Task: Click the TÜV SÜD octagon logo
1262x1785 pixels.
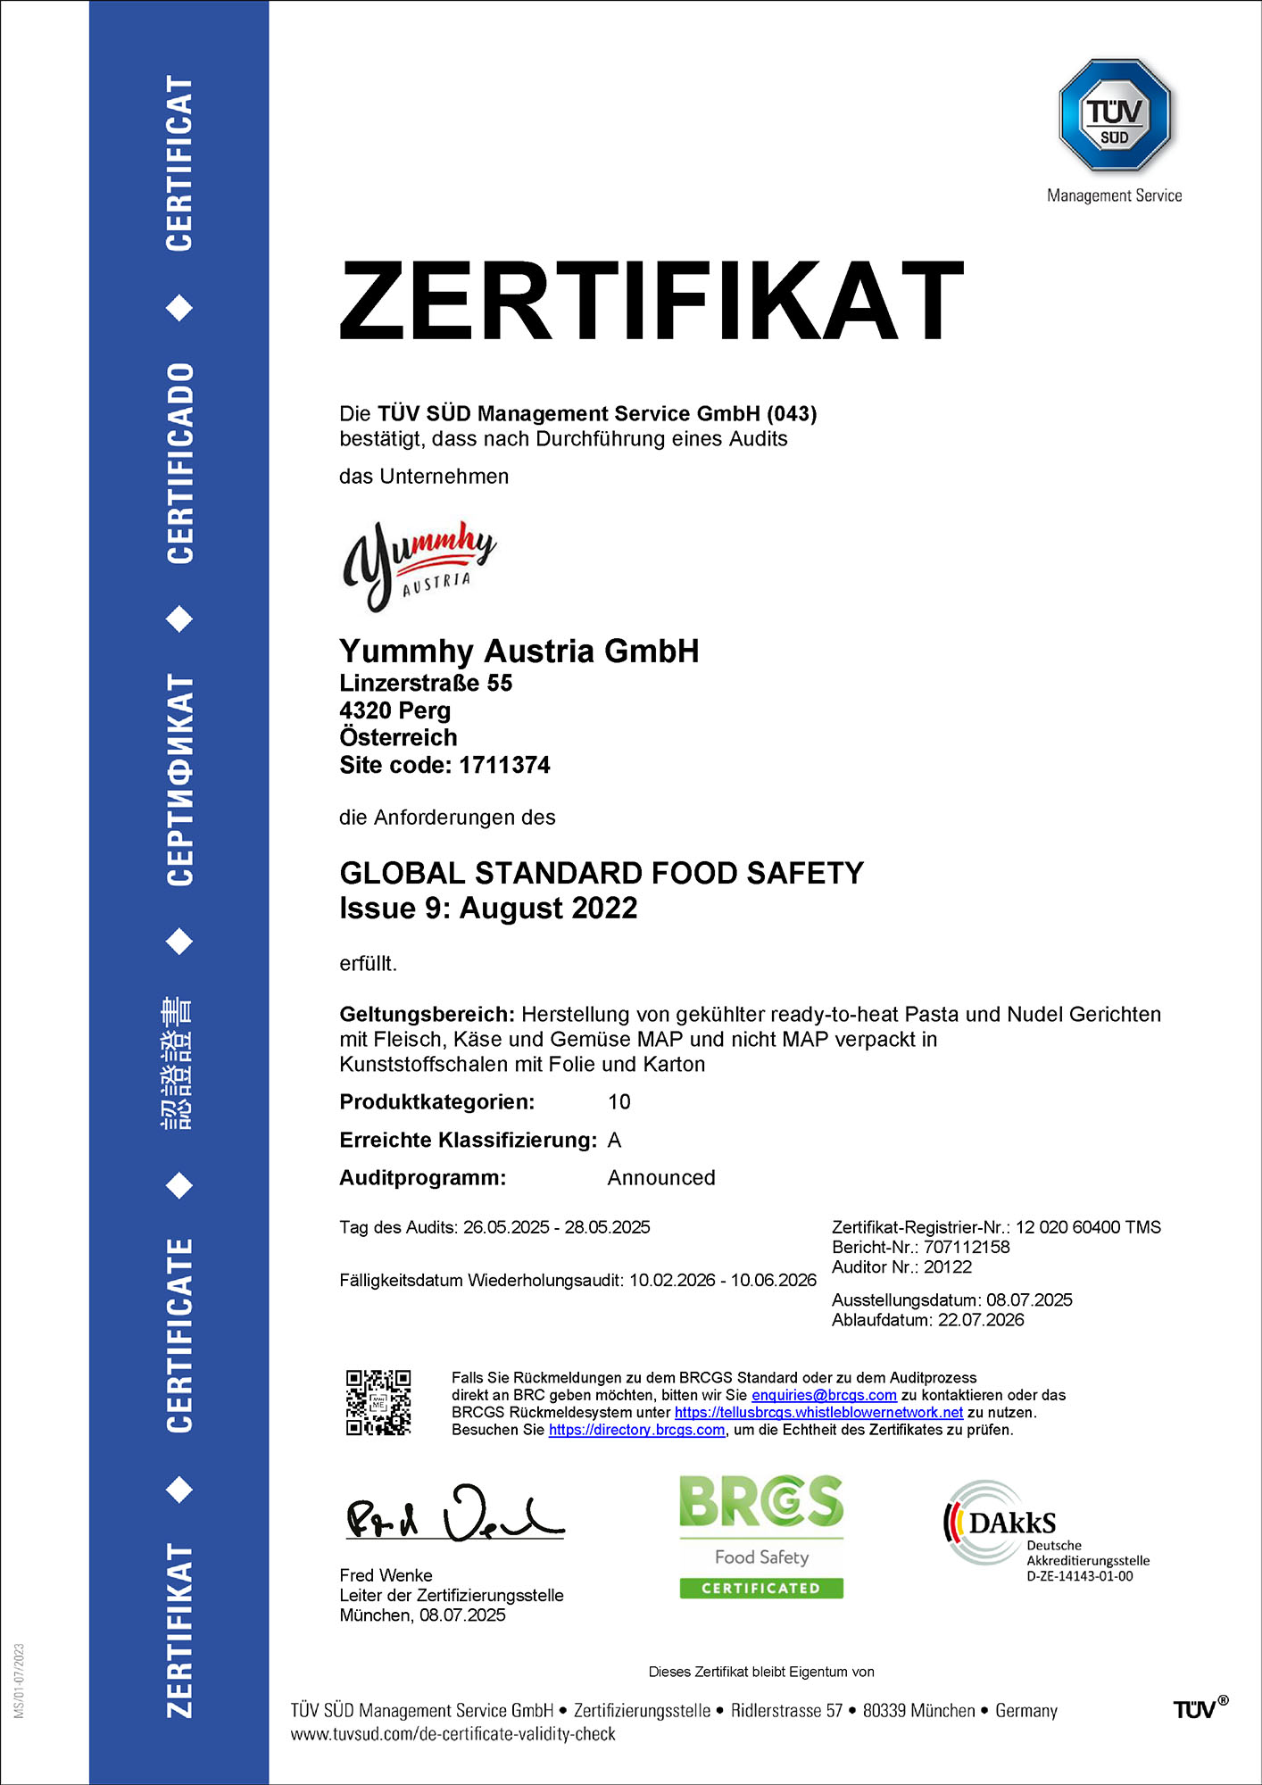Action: (1114, 115)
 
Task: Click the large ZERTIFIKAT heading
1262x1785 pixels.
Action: (652, 301)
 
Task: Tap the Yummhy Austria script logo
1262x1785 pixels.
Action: (418, 565)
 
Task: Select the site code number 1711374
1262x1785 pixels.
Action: (504, 765)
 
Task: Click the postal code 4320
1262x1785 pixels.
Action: (364, 710)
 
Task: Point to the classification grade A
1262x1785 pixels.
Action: (614, 1140)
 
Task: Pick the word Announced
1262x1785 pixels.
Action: (661, 1177)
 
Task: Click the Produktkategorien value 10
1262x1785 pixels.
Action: (619, 1101)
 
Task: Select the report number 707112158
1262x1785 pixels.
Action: (967, 1247)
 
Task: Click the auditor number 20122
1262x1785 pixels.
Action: (948, 1266)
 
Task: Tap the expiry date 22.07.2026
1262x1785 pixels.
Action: (981, 1320)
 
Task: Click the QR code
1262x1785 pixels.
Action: (378, 1402)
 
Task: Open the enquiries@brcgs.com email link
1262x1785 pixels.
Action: (824, 1395)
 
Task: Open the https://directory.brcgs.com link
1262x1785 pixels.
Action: (636, 1430)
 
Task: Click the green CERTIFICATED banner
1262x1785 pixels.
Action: (761, 1588)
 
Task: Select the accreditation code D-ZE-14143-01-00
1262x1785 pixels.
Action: (1079, 1577)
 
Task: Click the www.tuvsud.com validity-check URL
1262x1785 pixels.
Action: (452, 1734)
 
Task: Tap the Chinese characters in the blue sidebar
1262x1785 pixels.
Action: (177, 1064)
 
